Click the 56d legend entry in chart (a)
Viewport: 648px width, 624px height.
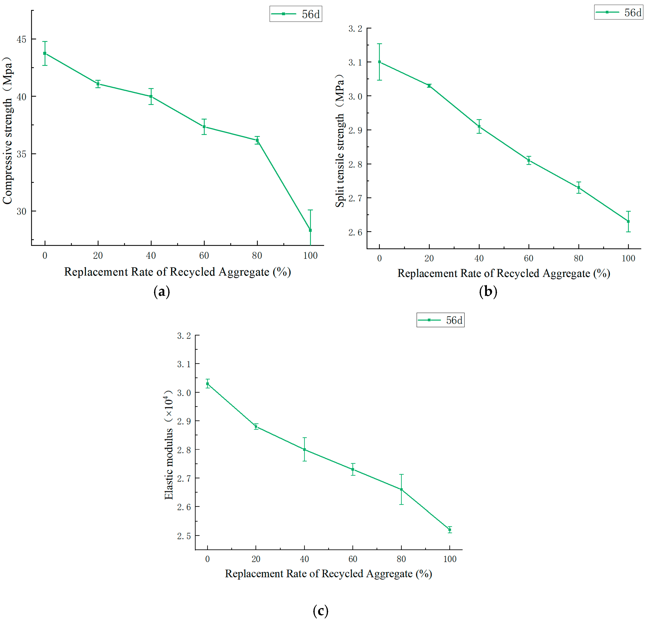296,14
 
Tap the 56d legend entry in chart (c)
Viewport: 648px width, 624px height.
440,320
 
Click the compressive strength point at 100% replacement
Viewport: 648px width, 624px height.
310,230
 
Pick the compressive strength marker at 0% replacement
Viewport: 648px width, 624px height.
45,53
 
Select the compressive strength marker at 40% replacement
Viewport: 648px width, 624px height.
151,96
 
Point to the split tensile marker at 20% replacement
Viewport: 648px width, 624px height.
429,86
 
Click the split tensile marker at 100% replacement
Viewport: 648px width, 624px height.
628,221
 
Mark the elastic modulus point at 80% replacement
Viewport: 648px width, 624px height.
401,490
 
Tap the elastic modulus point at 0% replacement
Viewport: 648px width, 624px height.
208,384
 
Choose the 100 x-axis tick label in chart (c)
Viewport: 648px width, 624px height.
450,559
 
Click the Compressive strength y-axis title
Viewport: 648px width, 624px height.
8,131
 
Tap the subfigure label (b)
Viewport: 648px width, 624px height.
488,291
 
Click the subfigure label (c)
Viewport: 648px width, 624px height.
320,610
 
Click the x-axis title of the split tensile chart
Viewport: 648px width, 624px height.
504,273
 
